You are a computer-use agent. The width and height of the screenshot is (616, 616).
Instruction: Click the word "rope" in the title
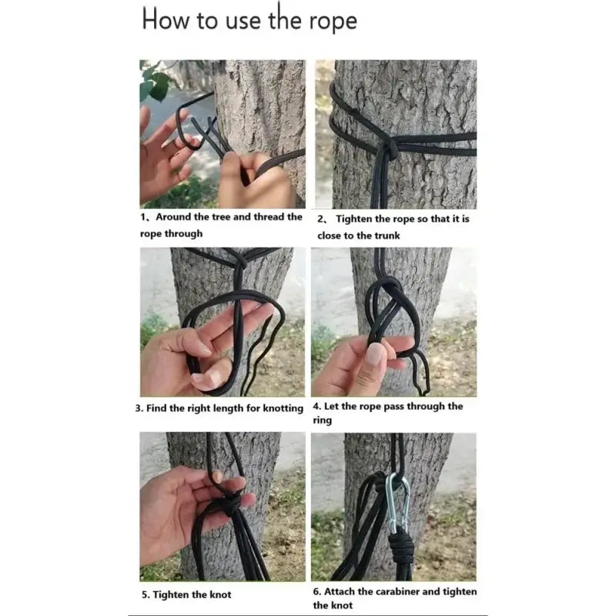333,21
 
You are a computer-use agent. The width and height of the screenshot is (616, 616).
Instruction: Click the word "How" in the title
165,18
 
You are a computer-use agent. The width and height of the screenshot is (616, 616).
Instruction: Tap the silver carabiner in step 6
398,504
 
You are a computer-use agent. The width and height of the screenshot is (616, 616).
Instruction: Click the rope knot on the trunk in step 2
387,149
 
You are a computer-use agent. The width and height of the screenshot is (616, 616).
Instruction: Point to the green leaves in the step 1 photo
155,84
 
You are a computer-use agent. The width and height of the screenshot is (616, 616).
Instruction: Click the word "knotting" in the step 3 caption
283,409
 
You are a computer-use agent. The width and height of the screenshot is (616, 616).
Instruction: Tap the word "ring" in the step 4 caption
322,420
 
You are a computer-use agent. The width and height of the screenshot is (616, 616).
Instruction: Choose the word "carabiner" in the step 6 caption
397,591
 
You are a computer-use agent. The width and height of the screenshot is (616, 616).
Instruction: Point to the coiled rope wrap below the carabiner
400,547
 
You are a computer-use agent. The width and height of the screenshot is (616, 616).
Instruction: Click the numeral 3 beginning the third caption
138,409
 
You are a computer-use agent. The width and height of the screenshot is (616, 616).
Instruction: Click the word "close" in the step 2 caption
330,236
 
